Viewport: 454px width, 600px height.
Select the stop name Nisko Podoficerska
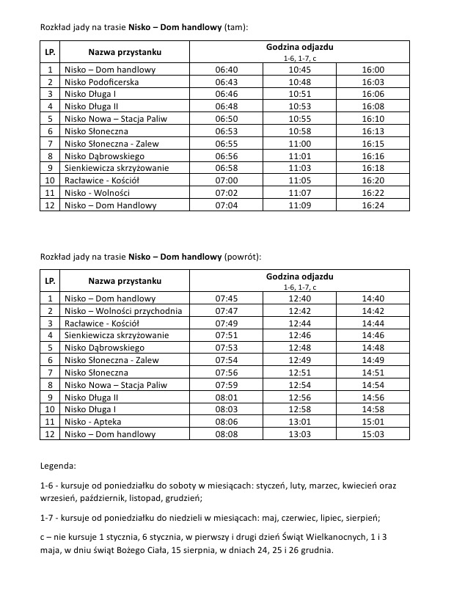pyautogui.click(x=101, y=82)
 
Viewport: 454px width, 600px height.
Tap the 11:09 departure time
pyautogui.click(x=300, y=205)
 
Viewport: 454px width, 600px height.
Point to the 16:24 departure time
pyautogui.click(x=373, y=205)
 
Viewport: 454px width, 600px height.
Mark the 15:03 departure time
pyautogui.click(x=373, y=434)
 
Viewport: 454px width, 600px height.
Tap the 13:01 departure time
pyautogui.click(x=300, y=422)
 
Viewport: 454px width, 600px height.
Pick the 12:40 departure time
pyautogui.click(x=300, y=299)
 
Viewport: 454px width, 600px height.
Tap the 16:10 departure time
pyautogui.click(x=373, y=119)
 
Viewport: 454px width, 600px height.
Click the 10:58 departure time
pyautogui.click(x=300, y=131)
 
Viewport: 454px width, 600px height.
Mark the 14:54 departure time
pyautogui.click(x=373, y=385)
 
